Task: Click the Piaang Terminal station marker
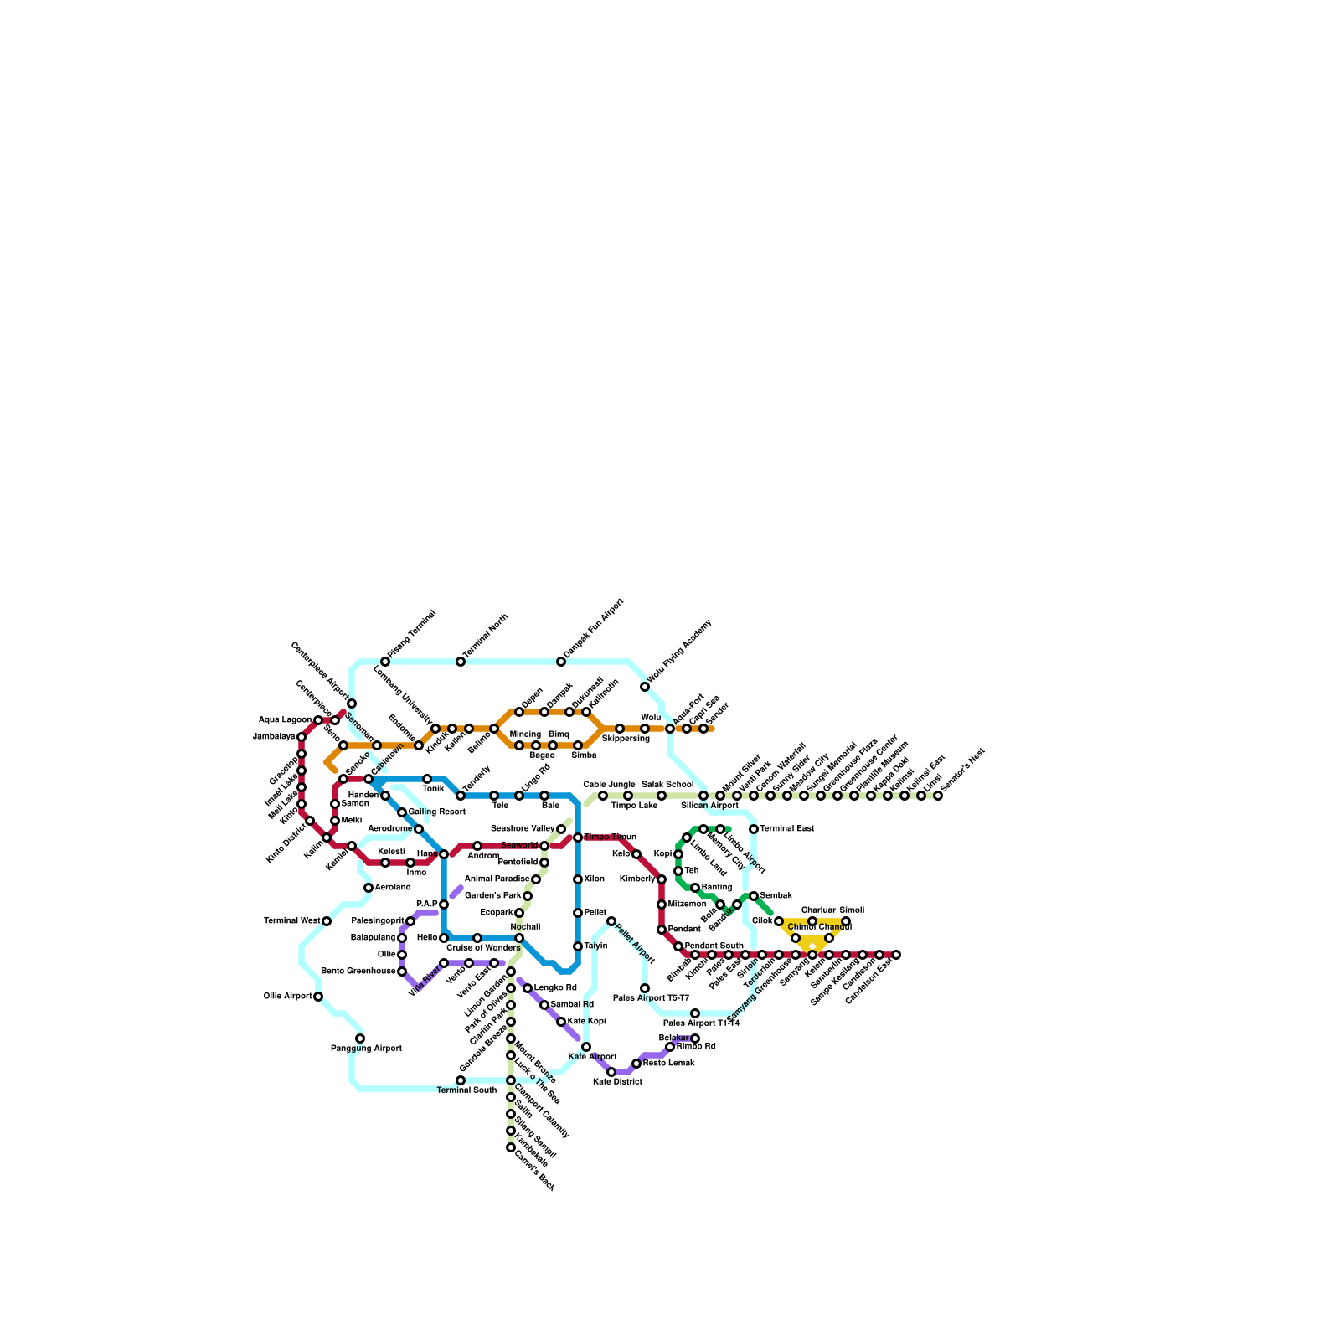pyautogui.click(x=385, y=662)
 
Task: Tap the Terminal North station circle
pyautogui.click(x=461, y=662)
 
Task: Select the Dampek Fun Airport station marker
pyautogui.click(x=561, y=662)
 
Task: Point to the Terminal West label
pyautogui.click(x=291, y=921)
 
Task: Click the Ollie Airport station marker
pyautogui.click(x=318, y=997)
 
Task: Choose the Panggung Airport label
pyautogui.click(x=366, y=1049)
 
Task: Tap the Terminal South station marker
pyautogui.click(x=461, y=1080)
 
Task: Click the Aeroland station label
pyautogui.click(x=393, y=888)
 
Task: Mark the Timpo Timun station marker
pyautogui.click(x=578, y=837)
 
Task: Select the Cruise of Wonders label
pyautogui.click(x=483, y=948)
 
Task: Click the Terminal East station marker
pyautogui.click(x=754, y=829)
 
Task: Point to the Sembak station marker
pyautogui.click(x=754, y=896)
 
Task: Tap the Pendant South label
pyautogui.click(x=714, y=946)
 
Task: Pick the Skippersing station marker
pyautogui.click(x=620, y=729)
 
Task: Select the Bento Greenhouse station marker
pyautogui.click(x=402, y=971)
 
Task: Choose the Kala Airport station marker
pyautogui.click(x=586, y=1047)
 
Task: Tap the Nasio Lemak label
pyautogui.click(x=668, y=1064)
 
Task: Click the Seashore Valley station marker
pyautogui.click(x=561, y=829)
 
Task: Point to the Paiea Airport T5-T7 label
pyautogui.click(x=651, y=998)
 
